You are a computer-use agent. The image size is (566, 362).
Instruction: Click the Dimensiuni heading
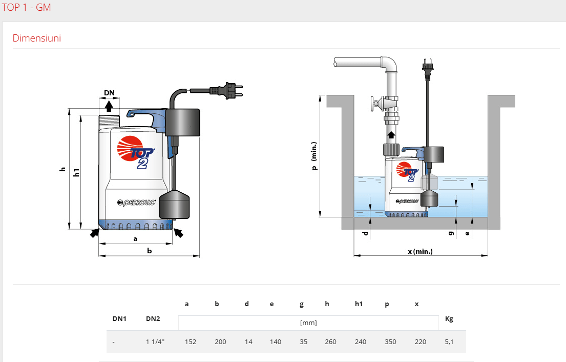36,38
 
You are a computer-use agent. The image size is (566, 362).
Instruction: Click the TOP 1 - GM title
26,8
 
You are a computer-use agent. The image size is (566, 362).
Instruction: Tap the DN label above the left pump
109,93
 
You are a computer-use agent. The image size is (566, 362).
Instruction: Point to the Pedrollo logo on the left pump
136,203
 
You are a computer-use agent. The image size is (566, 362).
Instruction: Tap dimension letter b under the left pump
149,251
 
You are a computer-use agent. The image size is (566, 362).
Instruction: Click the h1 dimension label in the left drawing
77,172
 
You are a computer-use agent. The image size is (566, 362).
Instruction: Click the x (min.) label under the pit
420,251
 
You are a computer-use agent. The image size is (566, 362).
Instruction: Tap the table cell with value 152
191,342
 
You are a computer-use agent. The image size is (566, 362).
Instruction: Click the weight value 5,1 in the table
449,342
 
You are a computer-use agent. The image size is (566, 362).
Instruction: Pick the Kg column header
449,319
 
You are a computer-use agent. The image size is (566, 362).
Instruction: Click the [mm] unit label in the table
308,323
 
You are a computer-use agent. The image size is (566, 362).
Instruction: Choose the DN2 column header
153,319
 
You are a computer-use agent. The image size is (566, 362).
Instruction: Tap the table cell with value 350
390,342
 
